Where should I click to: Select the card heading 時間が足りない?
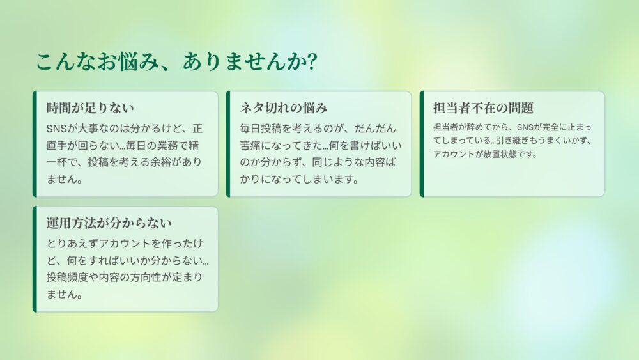[90, 108]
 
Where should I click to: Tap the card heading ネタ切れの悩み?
[284, 108]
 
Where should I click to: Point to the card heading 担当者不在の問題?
[483, 108]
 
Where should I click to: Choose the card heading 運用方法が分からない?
[109, 223]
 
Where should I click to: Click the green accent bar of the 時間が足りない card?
[35, 144]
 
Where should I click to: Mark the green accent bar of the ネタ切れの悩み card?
[228, 144]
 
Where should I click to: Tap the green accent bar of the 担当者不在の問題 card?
[422, 144]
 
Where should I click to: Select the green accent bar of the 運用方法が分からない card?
[35, 260]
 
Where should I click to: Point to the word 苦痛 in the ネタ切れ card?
[250, 146]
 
